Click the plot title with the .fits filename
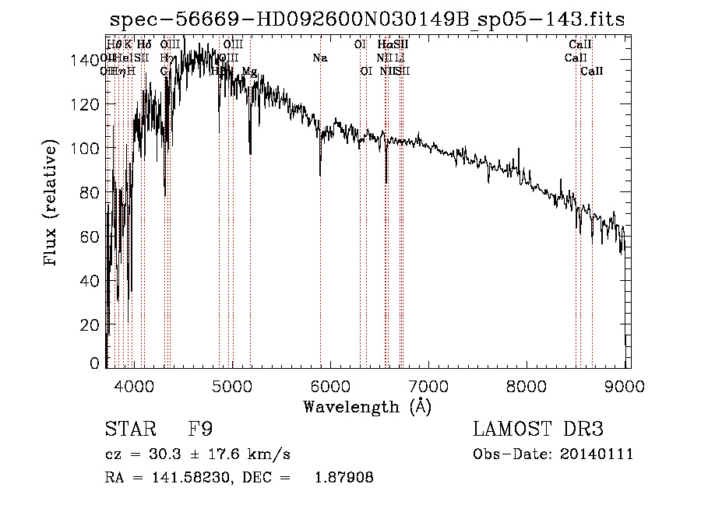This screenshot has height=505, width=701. click(367, 19)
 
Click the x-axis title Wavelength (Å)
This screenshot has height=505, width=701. click(367, 406)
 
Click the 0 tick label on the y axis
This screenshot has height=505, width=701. click(94, 363)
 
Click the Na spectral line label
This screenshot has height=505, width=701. click(320, 58)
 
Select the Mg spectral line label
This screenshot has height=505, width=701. click(249, 72)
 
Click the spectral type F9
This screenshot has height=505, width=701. click(200, 430)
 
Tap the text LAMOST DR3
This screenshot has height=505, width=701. click(538, 430)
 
